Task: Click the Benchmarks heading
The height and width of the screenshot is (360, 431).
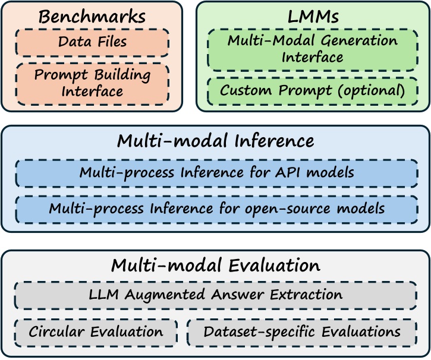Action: coord(92,16)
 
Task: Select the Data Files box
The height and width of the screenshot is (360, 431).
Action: coord(92,42)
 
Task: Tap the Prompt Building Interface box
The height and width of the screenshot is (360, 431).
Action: coord(92,84)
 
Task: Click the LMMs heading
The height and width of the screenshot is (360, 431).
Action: coord(312,16)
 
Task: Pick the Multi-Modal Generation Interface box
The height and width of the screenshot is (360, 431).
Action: coord(312,49)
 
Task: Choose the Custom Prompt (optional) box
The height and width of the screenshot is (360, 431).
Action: coord(312,91)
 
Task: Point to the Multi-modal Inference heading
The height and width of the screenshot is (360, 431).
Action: coord(215,141)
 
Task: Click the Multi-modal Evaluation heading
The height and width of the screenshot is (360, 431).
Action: coord(215,265)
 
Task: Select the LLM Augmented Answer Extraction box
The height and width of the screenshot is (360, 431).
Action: coord(215,295)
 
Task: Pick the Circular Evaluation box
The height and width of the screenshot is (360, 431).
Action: coord(96,331)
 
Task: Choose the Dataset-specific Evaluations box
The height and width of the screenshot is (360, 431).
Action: coord(301,331)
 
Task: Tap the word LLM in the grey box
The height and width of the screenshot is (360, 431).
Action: coord(102,295)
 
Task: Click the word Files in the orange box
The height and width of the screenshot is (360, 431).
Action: coord(111,42)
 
